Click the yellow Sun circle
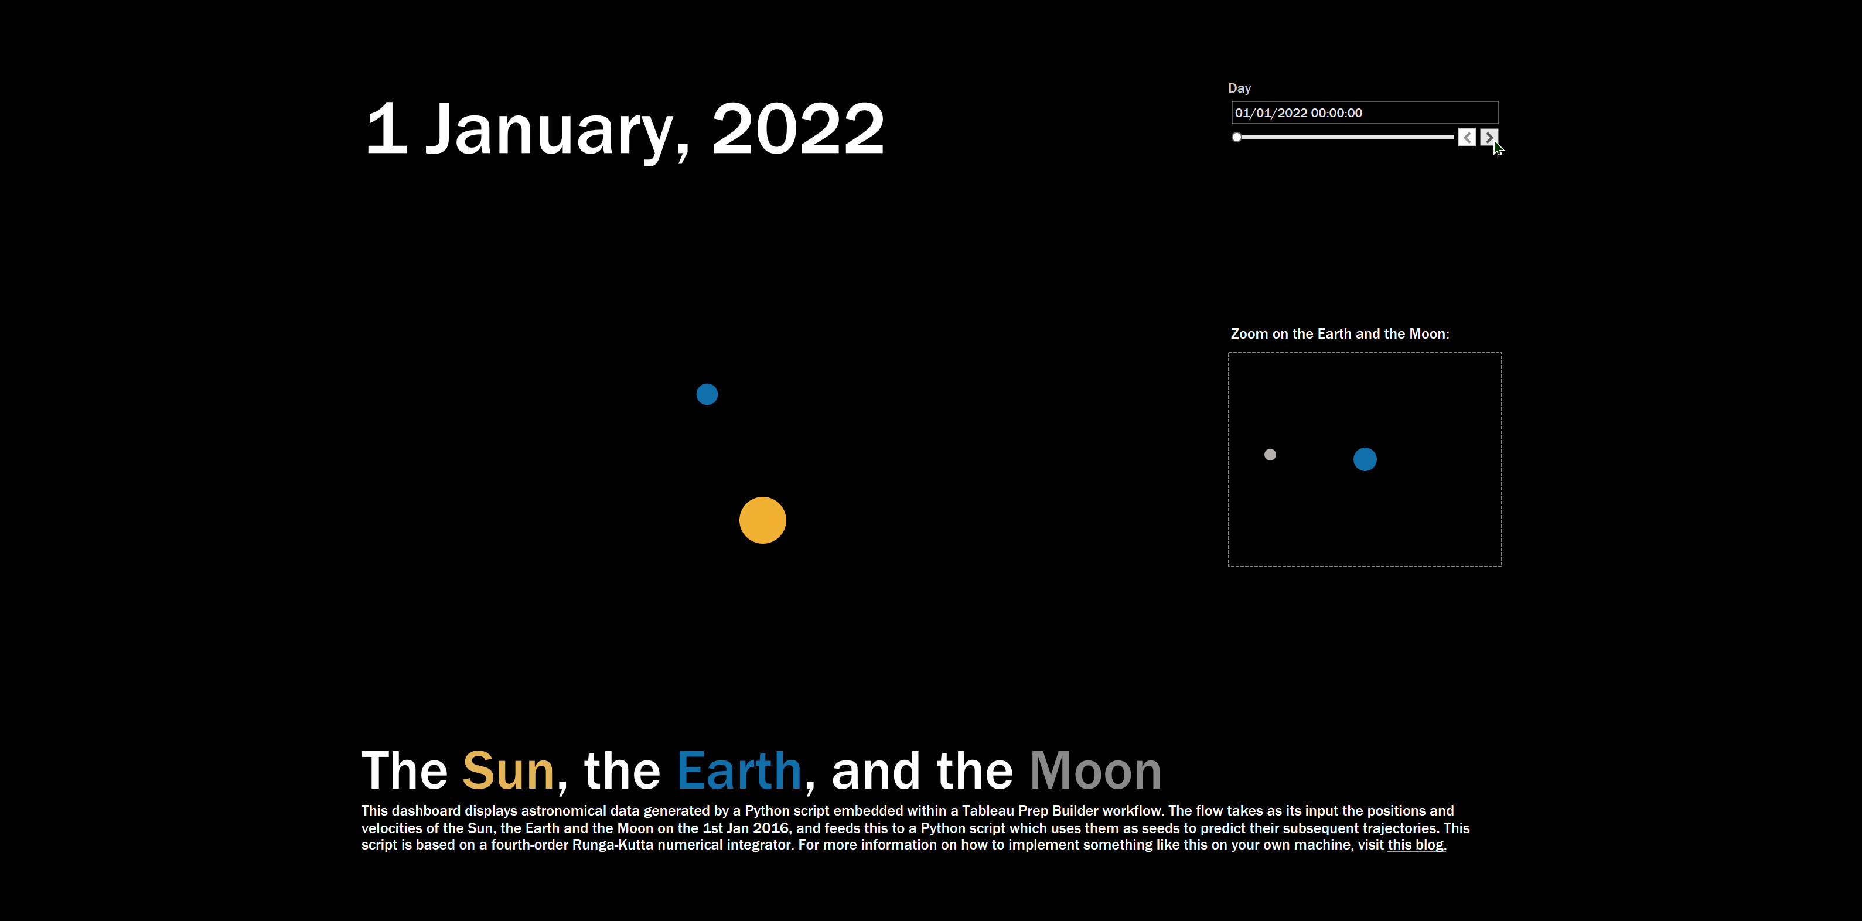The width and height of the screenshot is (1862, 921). pos(763,520)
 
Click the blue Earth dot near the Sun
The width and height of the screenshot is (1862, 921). pos(707,394)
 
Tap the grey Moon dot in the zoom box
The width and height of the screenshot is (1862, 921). pos(1270,455)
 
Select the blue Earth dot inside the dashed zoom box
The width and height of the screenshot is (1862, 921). pos(1365,459)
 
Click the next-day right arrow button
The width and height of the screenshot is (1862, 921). pos(1488,137)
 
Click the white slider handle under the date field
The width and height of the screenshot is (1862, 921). pos(1237,137)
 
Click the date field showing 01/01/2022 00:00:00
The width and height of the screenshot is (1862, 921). pos(1365,112)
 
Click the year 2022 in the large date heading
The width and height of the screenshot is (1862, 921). pos(798,129)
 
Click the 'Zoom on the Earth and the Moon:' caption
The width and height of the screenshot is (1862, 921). pos(1339,334)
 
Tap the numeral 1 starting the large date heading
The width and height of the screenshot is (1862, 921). pos(387,129)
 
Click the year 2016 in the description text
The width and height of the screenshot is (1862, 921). pos(770,828)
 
